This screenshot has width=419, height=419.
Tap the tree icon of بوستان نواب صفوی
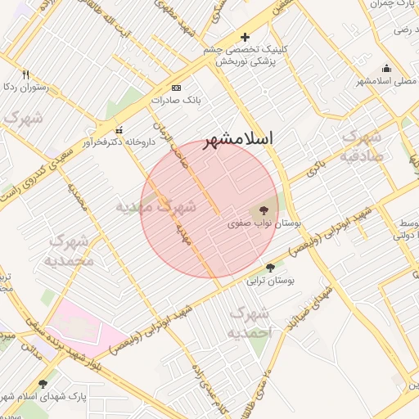(263, 209)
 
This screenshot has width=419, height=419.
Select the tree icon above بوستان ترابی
(270, 268)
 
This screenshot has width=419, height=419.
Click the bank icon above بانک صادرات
(176, 88)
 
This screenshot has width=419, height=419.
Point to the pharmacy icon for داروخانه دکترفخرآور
(119, 130)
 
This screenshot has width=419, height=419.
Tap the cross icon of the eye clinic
(245, 37)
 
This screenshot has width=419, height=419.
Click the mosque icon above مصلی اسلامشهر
(386, 68)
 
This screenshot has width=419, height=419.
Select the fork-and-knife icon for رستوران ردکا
(26, 74)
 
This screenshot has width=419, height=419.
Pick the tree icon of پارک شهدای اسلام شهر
(43, 383)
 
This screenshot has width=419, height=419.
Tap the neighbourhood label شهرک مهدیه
(168, 207)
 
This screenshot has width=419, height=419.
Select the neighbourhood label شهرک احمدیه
(249, 323)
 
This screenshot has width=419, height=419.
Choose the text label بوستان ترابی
(270, 281)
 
